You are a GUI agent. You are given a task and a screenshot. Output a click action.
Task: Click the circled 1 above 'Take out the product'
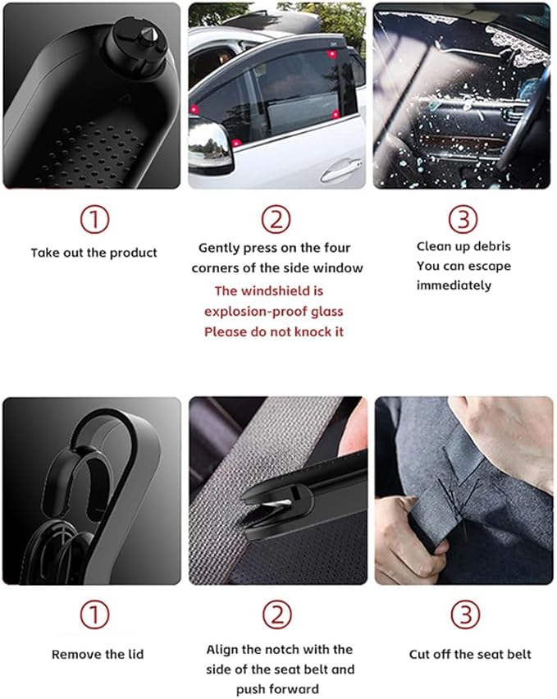[94, 219]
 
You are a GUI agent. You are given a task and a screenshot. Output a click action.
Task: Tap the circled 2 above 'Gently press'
[276, 219]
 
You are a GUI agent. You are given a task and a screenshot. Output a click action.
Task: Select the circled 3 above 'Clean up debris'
[462, 219]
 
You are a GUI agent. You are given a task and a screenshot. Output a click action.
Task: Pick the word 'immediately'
[454, 286]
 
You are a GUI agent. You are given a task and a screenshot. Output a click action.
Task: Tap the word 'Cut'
[420, 654]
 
